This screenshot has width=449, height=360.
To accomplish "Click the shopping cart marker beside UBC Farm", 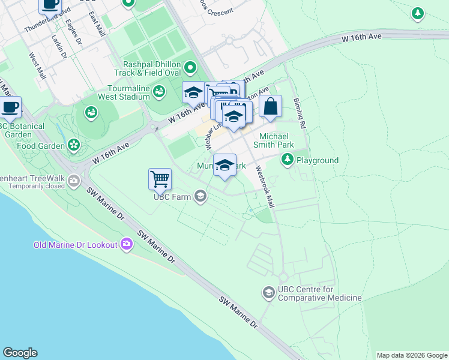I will point(160,178).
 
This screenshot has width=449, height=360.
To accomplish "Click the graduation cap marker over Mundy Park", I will point(224,165).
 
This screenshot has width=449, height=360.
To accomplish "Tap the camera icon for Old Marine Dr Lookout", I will point(127,244).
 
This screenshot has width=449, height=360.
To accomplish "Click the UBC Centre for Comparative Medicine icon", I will point(268,293).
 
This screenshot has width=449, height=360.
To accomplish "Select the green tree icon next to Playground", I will point(288,160).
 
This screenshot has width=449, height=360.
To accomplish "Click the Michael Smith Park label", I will point(277,140).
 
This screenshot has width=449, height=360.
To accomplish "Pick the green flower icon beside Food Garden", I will point(73,145).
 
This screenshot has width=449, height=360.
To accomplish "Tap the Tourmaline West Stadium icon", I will point(158,91).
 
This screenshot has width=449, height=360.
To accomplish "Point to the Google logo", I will point(20,353).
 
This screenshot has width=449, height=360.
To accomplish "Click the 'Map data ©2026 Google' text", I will point(411,355).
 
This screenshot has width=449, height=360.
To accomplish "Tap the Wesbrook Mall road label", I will point(265,187).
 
